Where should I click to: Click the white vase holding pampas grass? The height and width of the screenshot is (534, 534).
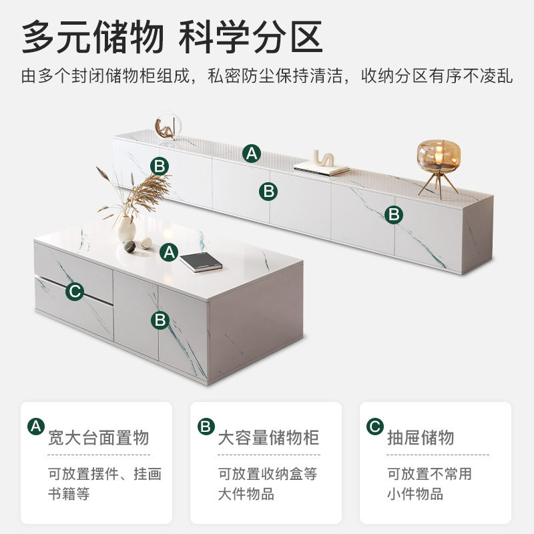tap(127, 229)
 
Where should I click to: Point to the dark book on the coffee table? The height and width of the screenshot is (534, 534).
tap(200, 261)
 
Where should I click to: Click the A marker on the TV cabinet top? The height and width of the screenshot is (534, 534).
tap(251, 153)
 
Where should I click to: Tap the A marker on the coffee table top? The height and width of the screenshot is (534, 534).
tap(170, 252)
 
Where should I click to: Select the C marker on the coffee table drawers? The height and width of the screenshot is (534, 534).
tap(75, 291)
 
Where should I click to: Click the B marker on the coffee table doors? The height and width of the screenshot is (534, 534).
tap(160, 320)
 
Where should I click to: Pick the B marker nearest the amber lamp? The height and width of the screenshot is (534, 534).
tap(394, 214)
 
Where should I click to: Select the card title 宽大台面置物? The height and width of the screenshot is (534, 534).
tap(98, 438)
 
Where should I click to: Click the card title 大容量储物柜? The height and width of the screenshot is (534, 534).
tap(268, 438)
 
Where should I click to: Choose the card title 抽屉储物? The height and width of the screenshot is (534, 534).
tap(421, 438)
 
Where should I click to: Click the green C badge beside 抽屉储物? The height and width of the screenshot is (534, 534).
tap(375, 427)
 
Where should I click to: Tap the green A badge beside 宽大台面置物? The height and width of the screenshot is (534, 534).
tap(36, 427)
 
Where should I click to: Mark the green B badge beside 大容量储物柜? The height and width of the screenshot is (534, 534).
tap(206, 427)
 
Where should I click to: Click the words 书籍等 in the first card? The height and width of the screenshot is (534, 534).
tap(69, 495)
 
